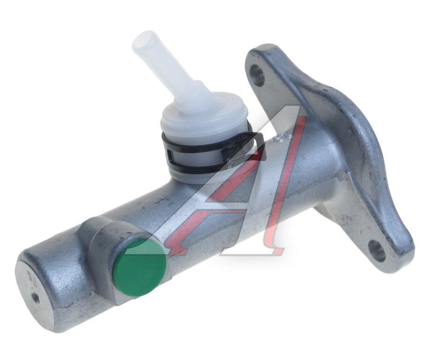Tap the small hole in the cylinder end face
click(35, 296)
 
